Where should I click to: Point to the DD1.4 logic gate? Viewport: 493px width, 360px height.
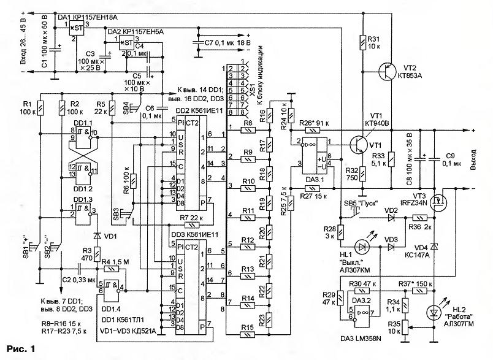[112, 286]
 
